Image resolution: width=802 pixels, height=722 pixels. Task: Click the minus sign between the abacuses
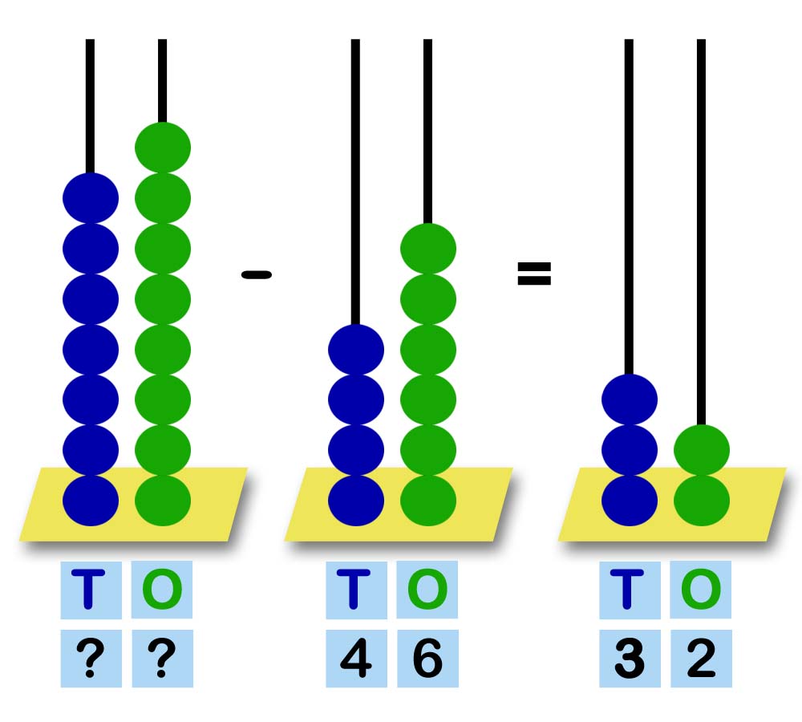tap(257, 275)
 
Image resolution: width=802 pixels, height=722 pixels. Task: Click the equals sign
tap(533, 274)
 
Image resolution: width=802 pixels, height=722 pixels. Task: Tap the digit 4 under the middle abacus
tap(356, 659)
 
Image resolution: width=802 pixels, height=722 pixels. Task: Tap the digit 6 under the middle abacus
tap(427, 659)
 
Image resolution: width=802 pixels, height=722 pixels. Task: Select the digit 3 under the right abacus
tap(630, 659)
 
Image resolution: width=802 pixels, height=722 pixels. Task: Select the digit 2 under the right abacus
tap(701, 659)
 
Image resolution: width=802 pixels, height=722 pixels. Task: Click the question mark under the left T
tap(91, 659)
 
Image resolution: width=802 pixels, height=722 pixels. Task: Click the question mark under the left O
tap(162, 659)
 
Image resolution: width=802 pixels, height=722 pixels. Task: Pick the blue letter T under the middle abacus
tap(356, 590)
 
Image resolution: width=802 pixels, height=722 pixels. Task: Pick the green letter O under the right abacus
tap(701, 590)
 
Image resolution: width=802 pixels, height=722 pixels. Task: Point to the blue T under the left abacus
tap(91, 590)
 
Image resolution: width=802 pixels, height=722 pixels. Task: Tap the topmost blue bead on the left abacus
tap(91, 197)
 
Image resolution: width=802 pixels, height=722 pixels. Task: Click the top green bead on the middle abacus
tap(427, 248)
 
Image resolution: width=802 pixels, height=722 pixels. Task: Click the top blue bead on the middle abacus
tap(356, 349)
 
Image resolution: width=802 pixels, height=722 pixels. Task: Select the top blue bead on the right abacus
tap(630, 399)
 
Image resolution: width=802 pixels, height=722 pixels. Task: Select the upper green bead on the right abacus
tap(701, 449)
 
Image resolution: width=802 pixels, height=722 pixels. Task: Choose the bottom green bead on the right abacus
tap(701, 500)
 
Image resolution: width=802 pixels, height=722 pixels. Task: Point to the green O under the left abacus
tap(162, 590)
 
